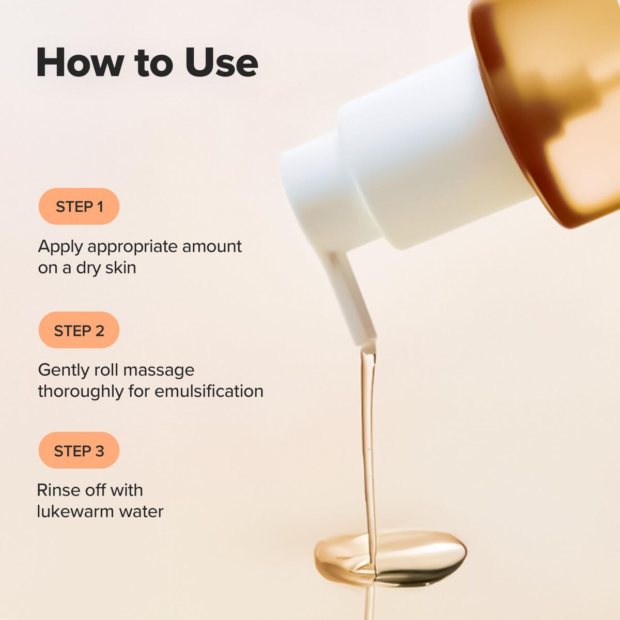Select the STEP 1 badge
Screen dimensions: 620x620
(x=79, y=207)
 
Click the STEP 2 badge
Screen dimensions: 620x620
(x=79, y=330)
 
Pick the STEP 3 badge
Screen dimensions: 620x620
(x=79, y=451)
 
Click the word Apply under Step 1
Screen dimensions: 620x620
(x=60, y=247)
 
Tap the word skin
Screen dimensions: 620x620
(x=121, y=268)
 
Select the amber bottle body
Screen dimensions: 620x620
(x=558, y=103)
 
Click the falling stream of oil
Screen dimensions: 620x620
(x=368, y=439)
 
